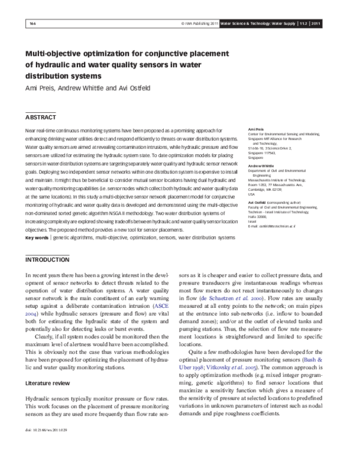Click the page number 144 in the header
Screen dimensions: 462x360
pyautogui.click(x=34, y=23)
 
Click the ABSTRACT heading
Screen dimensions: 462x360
pyautogui.click(x=40, y=117)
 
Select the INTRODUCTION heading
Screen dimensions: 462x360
pyautogui.click(x=48, y=260)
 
